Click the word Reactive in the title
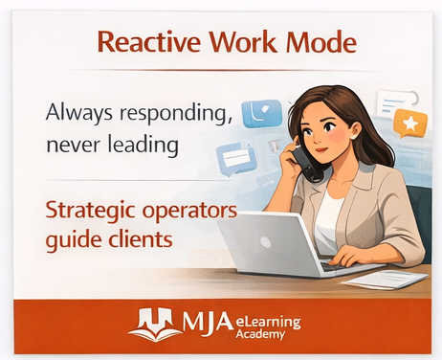point(149,42)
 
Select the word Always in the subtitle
point(79,114)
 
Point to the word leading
point(144,145)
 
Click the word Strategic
point(91,212)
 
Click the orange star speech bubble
point(409,124)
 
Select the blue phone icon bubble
point(262,113)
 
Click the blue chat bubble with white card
point(235,159)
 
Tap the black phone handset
point(307,165)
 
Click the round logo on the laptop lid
point(265,242)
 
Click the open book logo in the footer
point(155,324)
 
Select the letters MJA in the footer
point(208,322)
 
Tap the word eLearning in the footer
point(268,323)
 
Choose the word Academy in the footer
point(260,334)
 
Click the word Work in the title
point(243,42)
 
